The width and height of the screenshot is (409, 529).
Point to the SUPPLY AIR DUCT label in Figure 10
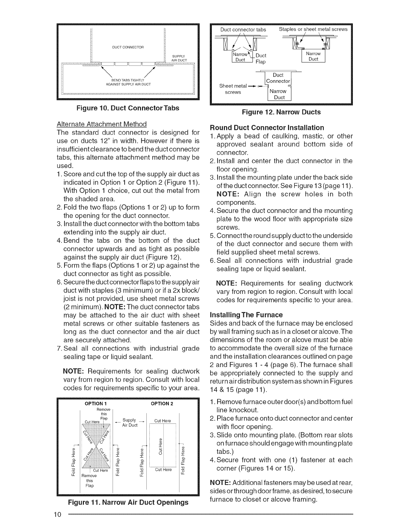click(180, 58)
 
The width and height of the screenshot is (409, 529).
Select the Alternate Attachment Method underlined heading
click(102, 124)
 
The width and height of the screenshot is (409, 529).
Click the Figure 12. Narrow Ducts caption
click(281, 112)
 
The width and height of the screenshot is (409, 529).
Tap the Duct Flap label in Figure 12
click(260, 59)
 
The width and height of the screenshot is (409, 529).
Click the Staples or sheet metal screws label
click(313, 29)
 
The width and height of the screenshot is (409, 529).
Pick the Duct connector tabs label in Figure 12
click(243, 29)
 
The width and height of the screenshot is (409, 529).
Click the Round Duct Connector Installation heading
click(267, 128)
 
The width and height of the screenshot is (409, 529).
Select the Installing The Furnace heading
click(246, 315)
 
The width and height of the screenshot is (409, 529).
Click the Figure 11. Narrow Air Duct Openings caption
click(128, 502)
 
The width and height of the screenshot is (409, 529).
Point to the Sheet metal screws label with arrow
click(233, 89)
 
